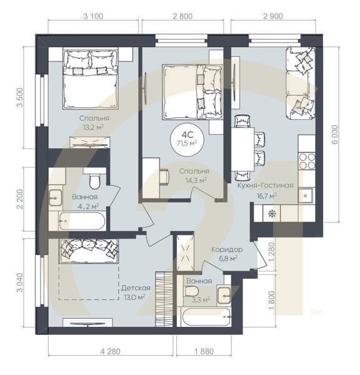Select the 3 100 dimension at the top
coord(92,17)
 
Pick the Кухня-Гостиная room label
coord(265,186)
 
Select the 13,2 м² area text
coord(94,128)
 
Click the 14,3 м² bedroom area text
coord(194,180)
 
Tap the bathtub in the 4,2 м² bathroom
coord(74,221)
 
